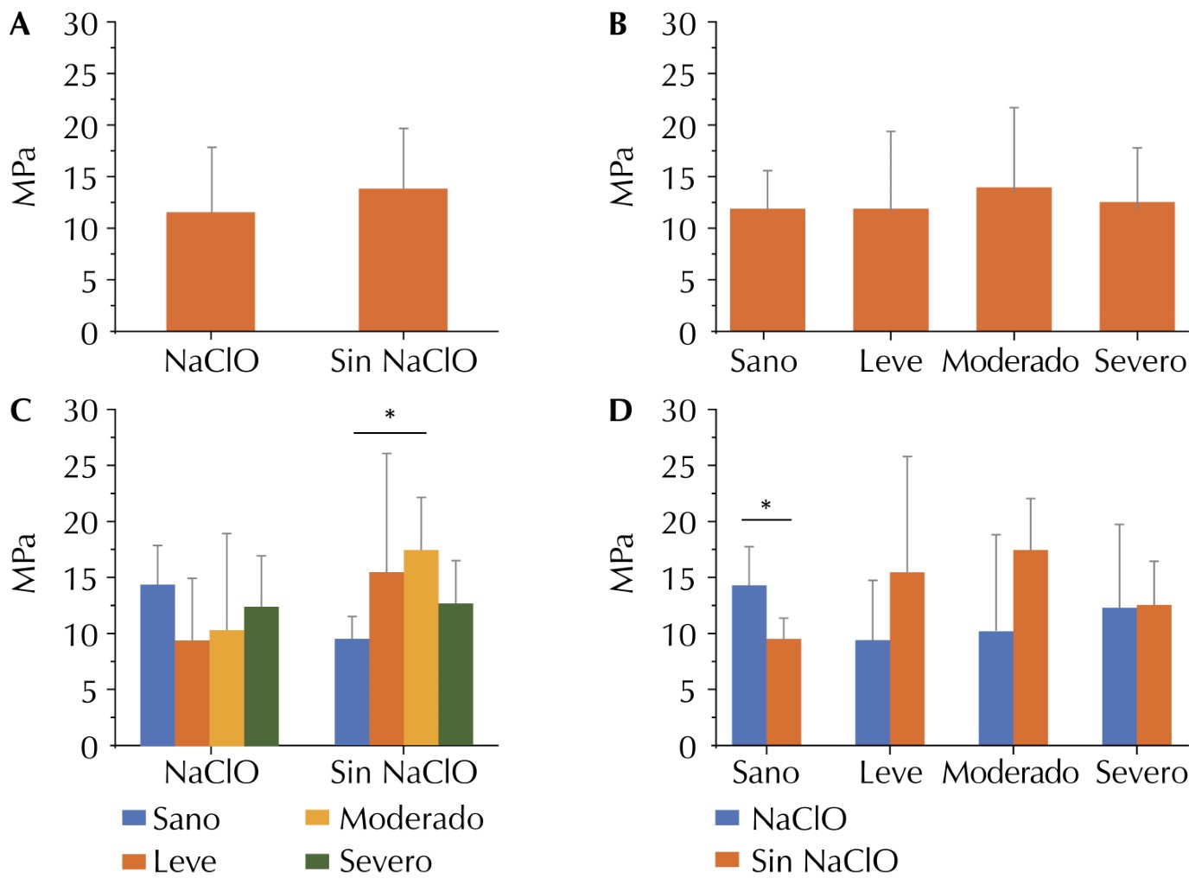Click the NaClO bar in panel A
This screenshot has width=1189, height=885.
click(210, 271)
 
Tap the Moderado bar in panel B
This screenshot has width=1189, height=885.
click(1014, 259)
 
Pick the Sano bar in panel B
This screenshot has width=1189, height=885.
click(767, 270)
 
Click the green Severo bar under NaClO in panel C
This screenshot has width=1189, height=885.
click(261, 676)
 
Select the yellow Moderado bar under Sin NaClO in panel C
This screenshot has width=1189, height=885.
click(421, 647)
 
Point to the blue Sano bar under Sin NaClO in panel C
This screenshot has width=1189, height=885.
click(352, 691)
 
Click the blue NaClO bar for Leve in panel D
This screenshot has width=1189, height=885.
click(872, 692)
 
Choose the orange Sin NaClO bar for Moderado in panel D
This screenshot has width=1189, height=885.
click(1030, 647)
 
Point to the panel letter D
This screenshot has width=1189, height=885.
click(620, 411)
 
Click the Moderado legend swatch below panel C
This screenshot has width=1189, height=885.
click(317, 818)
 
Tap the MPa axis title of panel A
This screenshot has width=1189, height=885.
click(25, 176)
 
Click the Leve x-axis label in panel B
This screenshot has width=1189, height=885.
click(890, 361)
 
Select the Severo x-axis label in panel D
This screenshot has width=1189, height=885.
click(1141, 773)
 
